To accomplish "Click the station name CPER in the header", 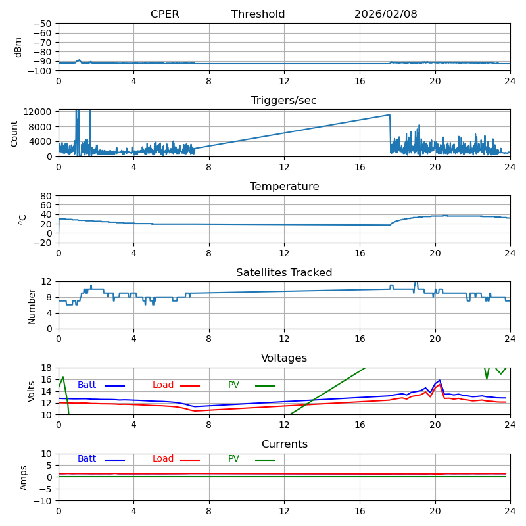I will [164, 14].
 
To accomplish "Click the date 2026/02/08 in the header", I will [385, 14].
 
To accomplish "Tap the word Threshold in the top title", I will [258, 14].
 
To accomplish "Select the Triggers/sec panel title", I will [284, 101].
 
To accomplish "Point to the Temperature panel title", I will [284, 187].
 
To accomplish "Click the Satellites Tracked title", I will [284, 273].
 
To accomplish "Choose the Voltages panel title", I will [284, 358].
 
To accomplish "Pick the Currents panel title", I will [284, 444].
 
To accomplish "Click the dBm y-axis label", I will [18, 47].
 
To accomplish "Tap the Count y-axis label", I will [14, 133].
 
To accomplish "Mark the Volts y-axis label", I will [32, 391].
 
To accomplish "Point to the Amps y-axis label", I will [24, 477].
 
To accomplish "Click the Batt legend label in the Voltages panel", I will [87, 385].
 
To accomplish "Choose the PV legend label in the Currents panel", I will [233, 459].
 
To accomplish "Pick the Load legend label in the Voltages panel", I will [163, 385].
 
